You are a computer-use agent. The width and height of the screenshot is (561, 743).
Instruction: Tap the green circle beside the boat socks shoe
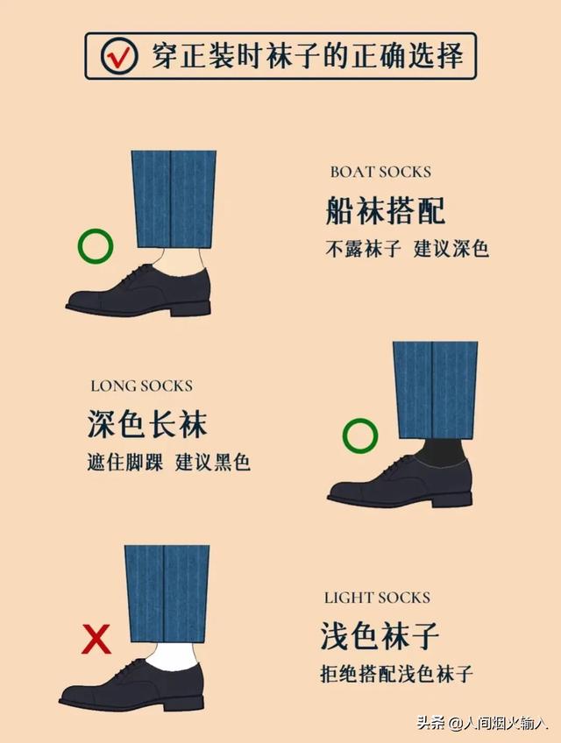(95, 247)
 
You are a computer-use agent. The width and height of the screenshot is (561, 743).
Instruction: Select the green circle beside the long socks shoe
(359, 435)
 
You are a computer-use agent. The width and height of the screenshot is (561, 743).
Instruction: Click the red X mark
(96, 640)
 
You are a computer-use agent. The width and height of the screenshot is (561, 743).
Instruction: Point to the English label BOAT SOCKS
(380, 173)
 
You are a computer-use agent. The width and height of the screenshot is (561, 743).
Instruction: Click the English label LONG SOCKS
(141, 386)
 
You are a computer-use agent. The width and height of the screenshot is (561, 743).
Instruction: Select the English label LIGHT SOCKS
(377, 598)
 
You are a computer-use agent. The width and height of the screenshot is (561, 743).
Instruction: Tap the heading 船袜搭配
(386, 210)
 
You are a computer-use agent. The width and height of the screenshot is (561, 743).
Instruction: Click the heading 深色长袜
(147, 425)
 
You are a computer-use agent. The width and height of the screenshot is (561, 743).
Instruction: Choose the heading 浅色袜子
(380, 637)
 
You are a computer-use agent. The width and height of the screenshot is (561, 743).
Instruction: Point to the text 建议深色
(451, 249)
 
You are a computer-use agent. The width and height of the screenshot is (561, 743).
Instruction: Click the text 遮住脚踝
(124, 462)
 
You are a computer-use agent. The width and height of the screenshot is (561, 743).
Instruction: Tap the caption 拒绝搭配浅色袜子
(396, 675)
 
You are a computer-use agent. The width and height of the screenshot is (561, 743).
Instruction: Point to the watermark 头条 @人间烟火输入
(481, 724)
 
